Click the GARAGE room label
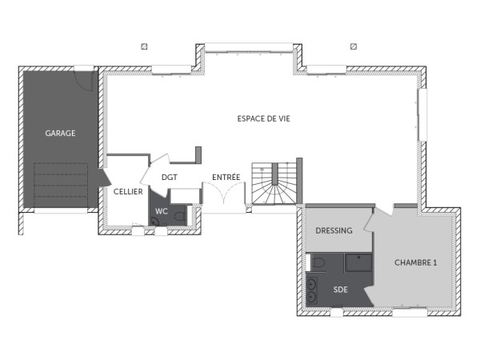click(x=60, y=134)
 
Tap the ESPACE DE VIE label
click(x=263, y=118)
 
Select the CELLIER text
click(x=128, y=192)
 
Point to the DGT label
click(x=169, y=178)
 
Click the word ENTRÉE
click(x=226, y=178)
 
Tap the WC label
click(x=162, y=211)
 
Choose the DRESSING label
click(x=334, y=230)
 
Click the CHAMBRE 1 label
click(x=416, y=262)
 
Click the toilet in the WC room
click(x=179, y=216)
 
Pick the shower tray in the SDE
click(x=358, y=262)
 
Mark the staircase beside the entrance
click(x=275, y=183)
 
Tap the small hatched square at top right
click(x=353, y=46)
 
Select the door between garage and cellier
click(x=102, y=178)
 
